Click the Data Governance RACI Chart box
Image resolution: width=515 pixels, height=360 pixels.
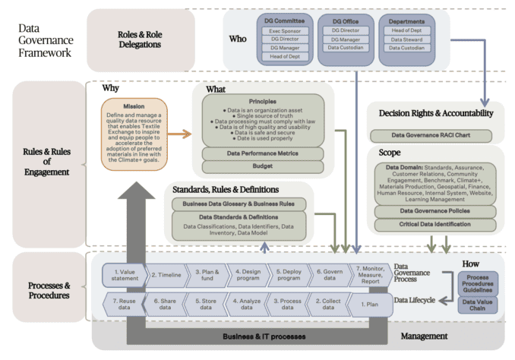430,135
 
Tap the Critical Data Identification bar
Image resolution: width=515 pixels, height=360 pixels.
430,224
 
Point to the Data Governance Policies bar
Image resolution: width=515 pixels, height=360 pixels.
430,211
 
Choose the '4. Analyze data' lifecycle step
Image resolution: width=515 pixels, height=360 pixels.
248,304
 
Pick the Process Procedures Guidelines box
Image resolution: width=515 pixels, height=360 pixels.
477,284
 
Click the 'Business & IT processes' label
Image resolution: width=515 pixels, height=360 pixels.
258,336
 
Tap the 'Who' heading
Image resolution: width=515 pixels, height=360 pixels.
238,38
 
